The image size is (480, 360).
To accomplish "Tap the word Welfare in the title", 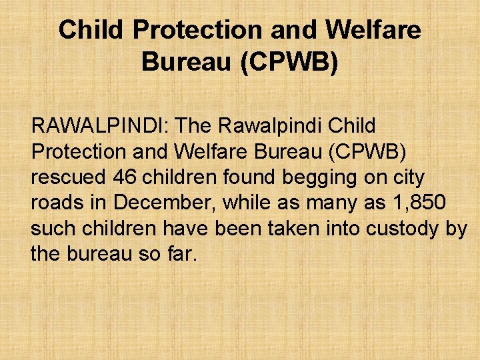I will pyautogui.click(x=373, y=30).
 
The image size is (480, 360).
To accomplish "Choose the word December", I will pyautogui.click(x=161, y=202).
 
